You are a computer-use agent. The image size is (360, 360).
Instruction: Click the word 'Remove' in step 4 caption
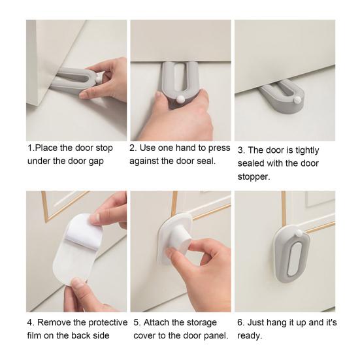click(x=54, y=323)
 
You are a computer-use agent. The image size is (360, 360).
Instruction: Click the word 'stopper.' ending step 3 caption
click(x=254, y=176)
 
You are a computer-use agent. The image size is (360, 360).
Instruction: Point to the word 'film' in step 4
click(x=36, y=336)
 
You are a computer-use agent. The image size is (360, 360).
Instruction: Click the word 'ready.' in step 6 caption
click(x=250, y=336)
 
